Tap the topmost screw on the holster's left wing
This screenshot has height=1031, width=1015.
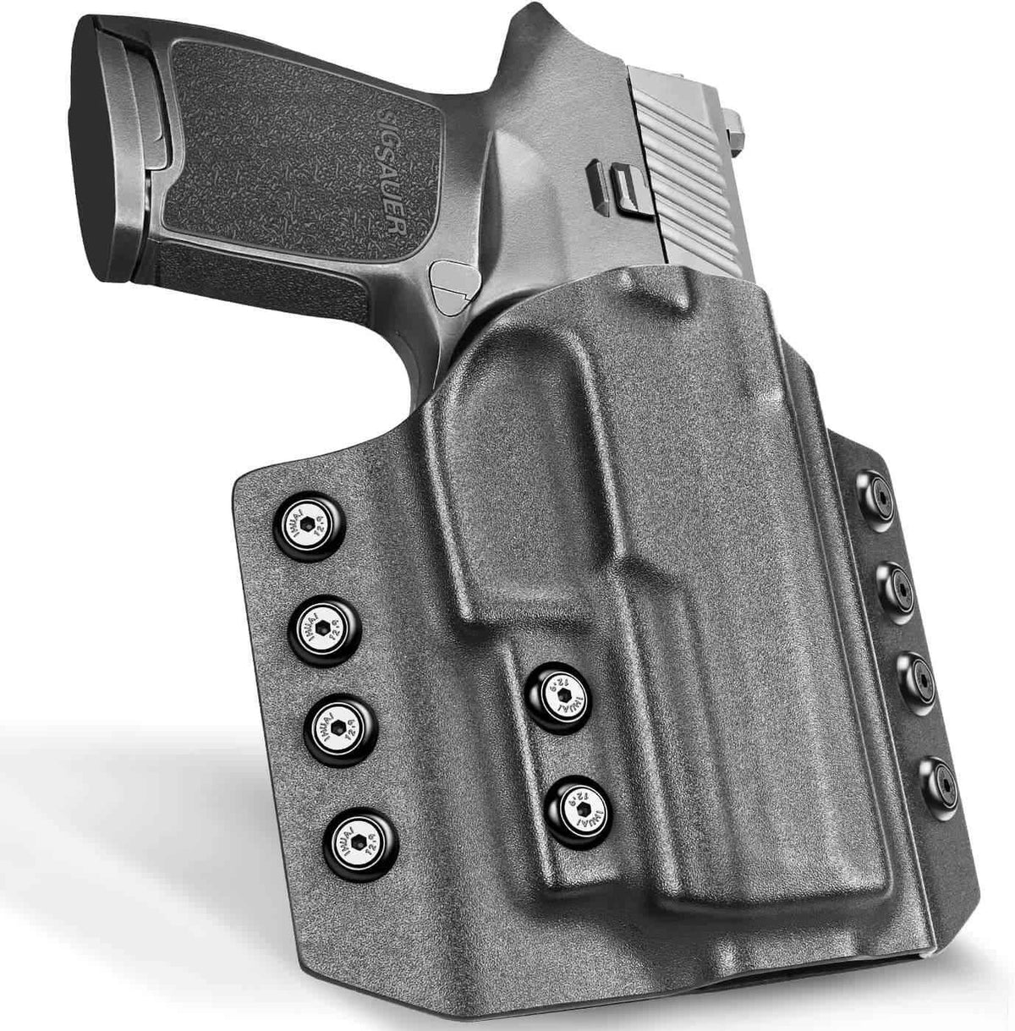pos(308,526)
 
